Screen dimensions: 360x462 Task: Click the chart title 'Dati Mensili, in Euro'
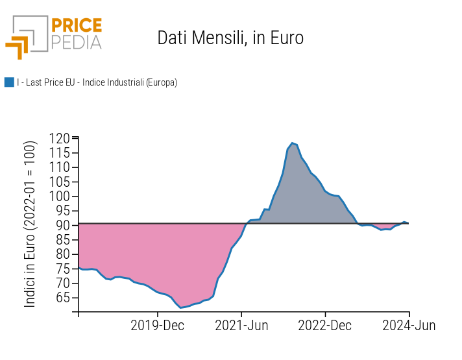pyautogui.click(x=230, y=38)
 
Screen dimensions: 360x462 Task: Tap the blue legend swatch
pyautogui.click(x=9, y=82)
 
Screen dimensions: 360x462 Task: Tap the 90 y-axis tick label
pyautogui.click(x=62, y=225)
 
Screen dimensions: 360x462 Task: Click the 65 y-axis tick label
pyautogui.click(x=62, y=298)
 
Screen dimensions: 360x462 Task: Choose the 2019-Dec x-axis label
pyautogui.click(x=157, y=326)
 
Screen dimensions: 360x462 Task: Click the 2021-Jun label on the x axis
pyautogui.click(x=241, y=326)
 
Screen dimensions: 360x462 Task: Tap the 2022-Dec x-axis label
pyautogui.click(x=325, y=326)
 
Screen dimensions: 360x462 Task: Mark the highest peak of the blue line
pyautogui.click(x=292, y=143)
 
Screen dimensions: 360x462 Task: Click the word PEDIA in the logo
pyautogui.click(x=76, y=43)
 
